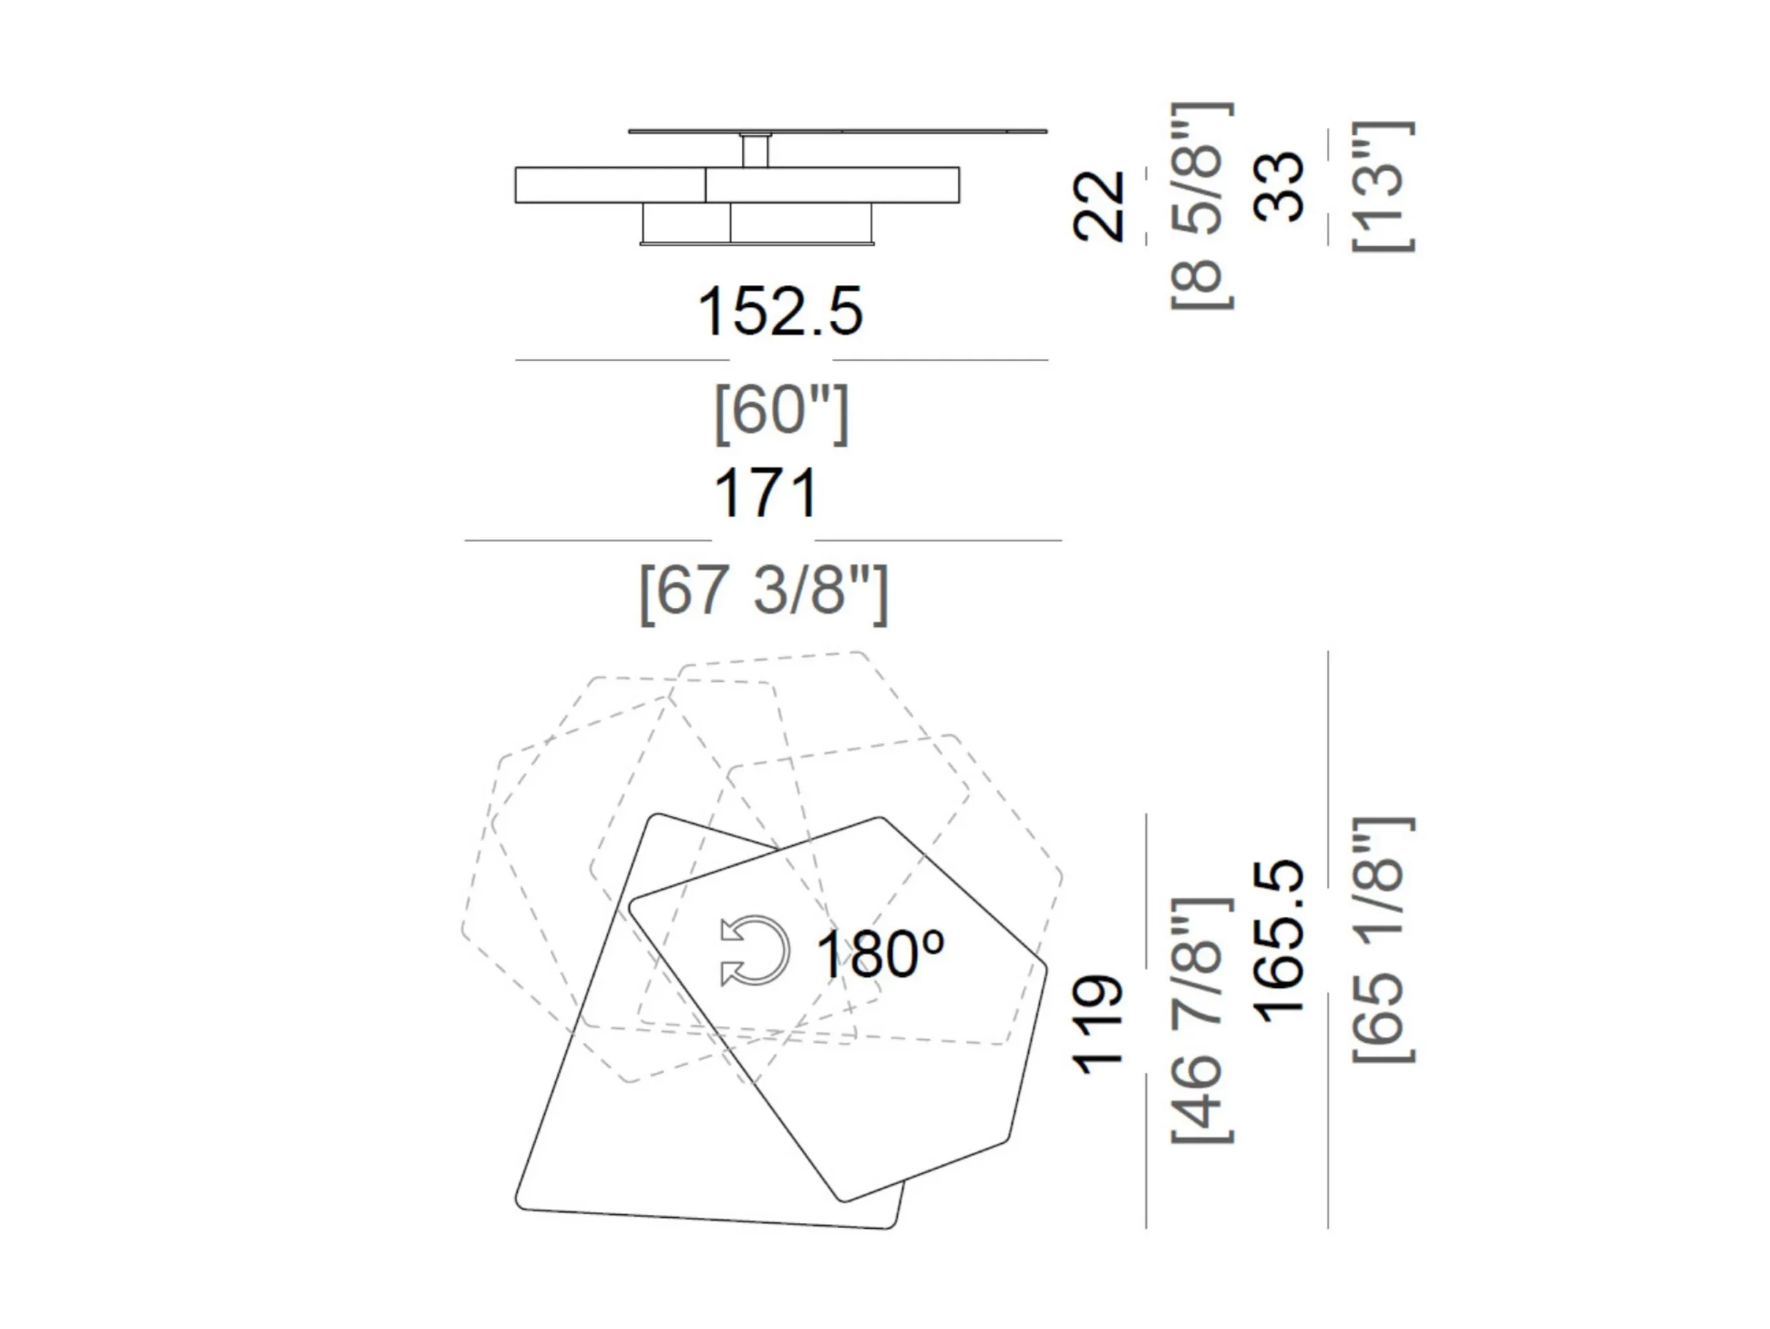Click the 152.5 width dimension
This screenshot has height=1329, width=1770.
(x=780, y=311)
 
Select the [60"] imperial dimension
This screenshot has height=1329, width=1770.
(x=781, y=412)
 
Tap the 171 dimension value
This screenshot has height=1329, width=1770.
(x=766, y=494)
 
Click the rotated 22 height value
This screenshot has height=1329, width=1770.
(x=1099, y=205)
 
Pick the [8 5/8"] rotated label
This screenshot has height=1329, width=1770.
(x=1202, y=205)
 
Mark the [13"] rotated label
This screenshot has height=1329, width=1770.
(x=1383, y=187)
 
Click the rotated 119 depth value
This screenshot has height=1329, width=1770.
(x=1099, y=1024)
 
